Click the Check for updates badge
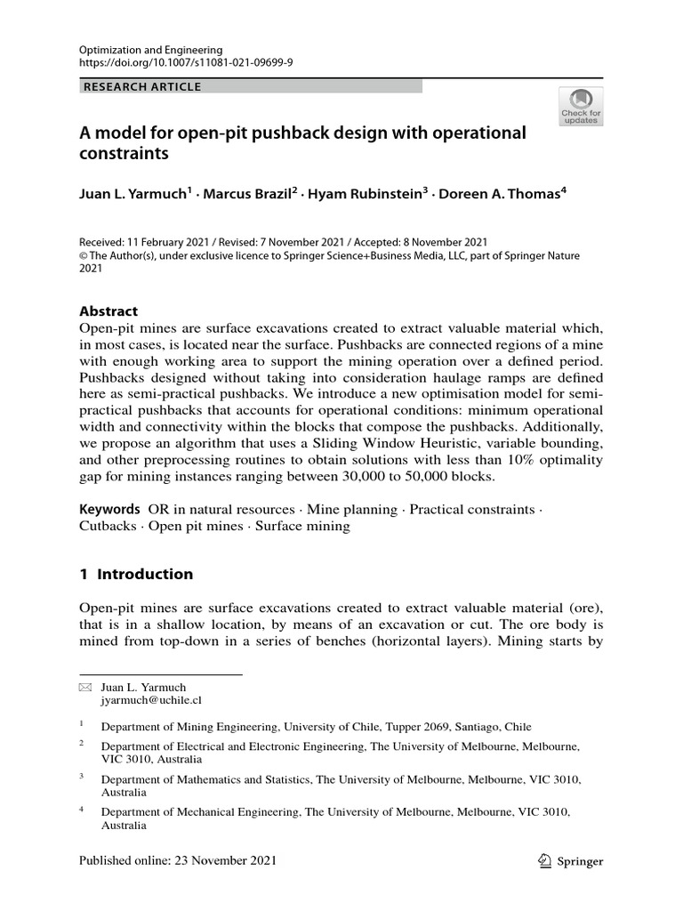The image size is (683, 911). click(x=581, y=105)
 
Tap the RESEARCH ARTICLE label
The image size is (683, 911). click(x=142, y=87)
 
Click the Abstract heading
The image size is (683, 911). click(x=108, y=311)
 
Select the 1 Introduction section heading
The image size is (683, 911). click(x=136, y=574)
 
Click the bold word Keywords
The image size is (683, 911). click(x=109, y=509)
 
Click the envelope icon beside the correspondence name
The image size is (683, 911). click(x=85, y=688)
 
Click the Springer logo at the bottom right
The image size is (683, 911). click(x=573, y=861)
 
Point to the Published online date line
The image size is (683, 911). click(x=178, y=860)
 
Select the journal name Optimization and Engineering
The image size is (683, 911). click(x=150, y=50)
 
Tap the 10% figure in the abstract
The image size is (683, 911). click(x=504, y=459)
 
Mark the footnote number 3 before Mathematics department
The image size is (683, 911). click(x=81, y=777)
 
